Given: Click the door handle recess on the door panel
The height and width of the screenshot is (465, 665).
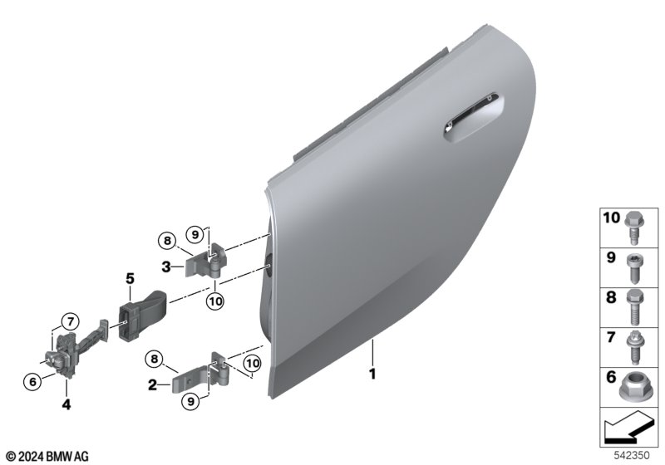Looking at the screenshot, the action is pyautogui.click(x=474, y=116).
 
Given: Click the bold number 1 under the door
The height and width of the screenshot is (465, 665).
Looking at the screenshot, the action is pyautogui.click(x=372, y=374).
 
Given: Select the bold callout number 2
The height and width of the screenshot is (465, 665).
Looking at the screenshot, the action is pyautogui.click(x=152, y=385).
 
